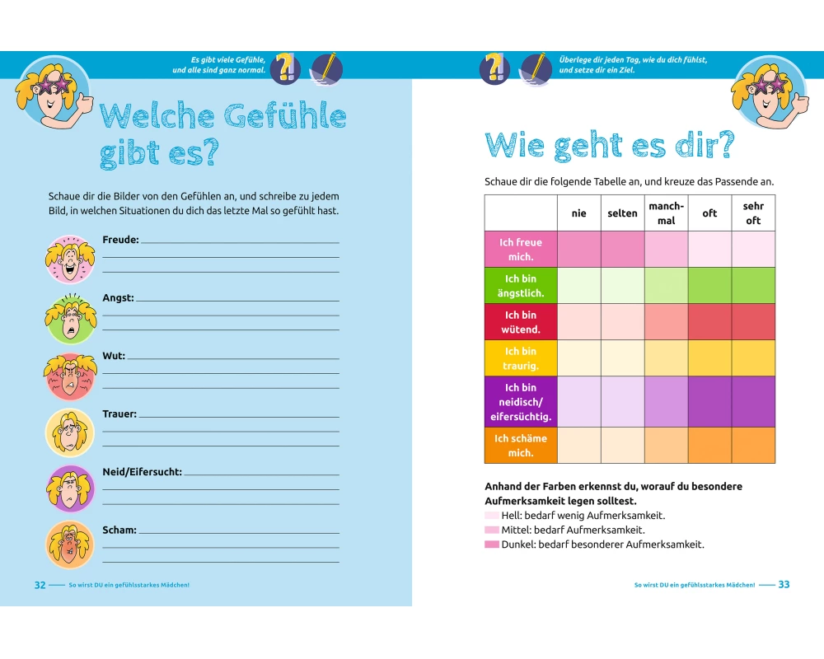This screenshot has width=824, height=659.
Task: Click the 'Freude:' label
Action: (x=120, y=240)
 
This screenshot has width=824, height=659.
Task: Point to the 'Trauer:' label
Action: (x=119, y=414)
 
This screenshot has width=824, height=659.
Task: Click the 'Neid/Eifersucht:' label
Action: (x=142, y=472)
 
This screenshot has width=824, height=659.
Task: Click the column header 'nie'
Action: (x=579, y=213)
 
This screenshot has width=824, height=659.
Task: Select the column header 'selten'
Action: (x=622, y=213)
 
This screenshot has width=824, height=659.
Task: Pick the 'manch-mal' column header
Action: (x=666, y=213)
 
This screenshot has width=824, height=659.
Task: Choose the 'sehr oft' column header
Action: (x=753, y=213)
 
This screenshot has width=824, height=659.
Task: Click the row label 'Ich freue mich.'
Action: (x=521, y=250)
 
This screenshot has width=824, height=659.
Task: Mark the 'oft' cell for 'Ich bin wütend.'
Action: (x=709, y=322)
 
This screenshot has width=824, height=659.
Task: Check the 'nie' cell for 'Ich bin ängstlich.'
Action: (x=579, y=286)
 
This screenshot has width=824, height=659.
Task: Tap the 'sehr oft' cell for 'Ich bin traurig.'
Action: (x=753, y=358)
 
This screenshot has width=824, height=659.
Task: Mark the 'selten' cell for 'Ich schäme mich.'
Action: (x=622, y=446)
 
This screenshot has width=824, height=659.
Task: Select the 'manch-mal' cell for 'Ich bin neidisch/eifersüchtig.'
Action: (x=666, y=402)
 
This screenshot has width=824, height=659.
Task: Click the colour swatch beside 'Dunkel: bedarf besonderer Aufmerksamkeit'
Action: (x=492, y=545)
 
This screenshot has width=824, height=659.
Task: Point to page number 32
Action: (x=40, y=585)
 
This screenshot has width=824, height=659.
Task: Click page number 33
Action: (x=784, y=585)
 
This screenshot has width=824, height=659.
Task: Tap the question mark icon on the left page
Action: (x=286, y=68)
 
